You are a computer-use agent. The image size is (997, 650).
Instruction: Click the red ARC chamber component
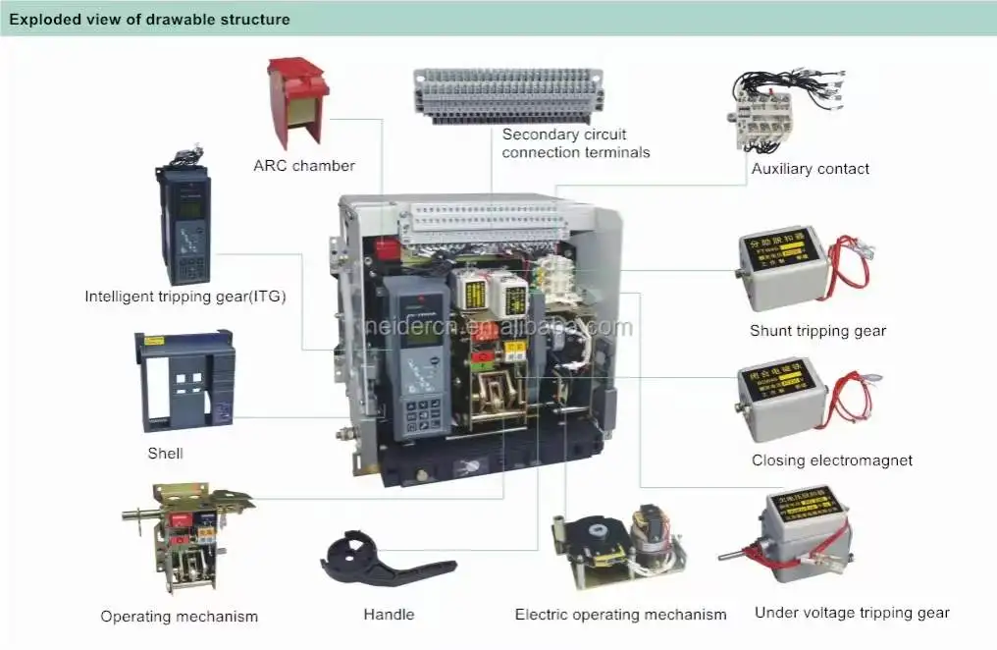(297, 101)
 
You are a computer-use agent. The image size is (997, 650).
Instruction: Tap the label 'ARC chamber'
(304, 165)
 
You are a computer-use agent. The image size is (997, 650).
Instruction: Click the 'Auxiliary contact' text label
(810, 169)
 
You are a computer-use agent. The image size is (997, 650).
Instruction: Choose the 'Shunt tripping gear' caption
(817, 331)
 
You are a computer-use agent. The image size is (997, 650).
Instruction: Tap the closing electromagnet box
(782, 398)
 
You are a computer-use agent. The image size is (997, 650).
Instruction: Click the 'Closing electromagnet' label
(832, 460)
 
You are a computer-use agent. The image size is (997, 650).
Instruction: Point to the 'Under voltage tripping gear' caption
(852, 613)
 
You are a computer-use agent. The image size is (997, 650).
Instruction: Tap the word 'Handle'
(389, 615)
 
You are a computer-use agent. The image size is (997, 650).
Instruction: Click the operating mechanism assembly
(182, 535)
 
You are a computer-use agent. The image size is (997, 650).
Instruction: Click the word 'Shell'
(165, 454)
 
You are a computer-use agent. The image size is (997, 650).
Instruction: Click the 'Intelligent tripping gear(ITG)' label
(185, 296)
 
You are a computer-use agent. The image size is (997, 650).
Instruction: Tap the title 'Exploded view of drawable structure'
(149, 19)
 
